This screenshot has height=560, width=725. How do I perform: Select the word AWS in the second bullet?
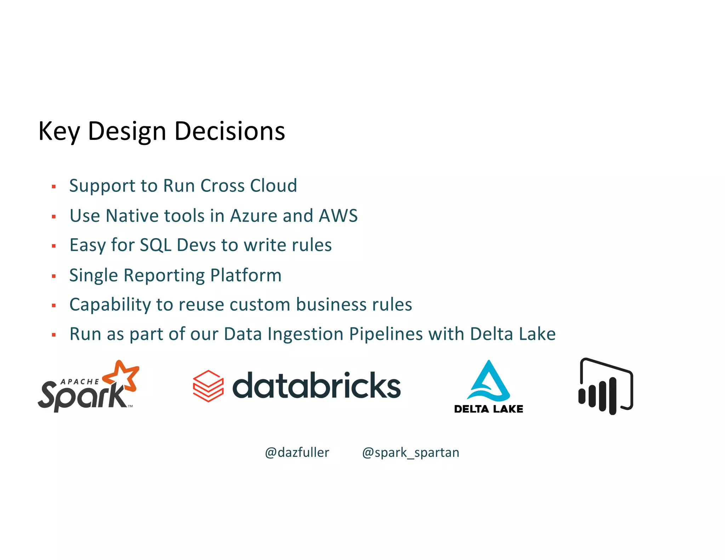point(338,216)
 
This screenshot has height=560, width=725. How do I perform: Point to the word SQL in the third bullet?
point(155,245)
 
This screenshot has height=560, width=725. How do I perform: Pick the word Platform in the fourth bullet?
point(246,275)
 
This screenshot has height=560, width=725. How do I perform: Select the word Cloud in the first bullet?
point(273,185)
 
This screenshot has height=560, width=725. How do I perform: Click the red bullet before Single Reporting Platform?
point(54,276)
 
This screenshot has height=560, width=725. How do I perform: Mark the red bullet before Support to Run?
point(54,186)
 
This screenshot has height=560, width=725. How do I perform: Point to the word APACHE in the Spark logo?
point(80,382)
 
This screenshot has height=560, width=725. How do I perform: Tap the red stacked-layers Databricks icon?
point(208,386)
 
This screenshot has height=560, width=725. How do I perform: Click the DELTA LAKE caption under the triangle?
point(489,409)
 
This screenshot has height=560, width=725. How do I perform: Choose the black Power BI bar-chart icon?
point(605,387)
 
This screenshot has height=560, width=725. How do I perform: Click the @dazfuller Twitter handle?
point(297,452)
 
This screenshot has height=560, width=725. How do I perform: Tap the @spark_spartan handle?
point(411,452)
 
